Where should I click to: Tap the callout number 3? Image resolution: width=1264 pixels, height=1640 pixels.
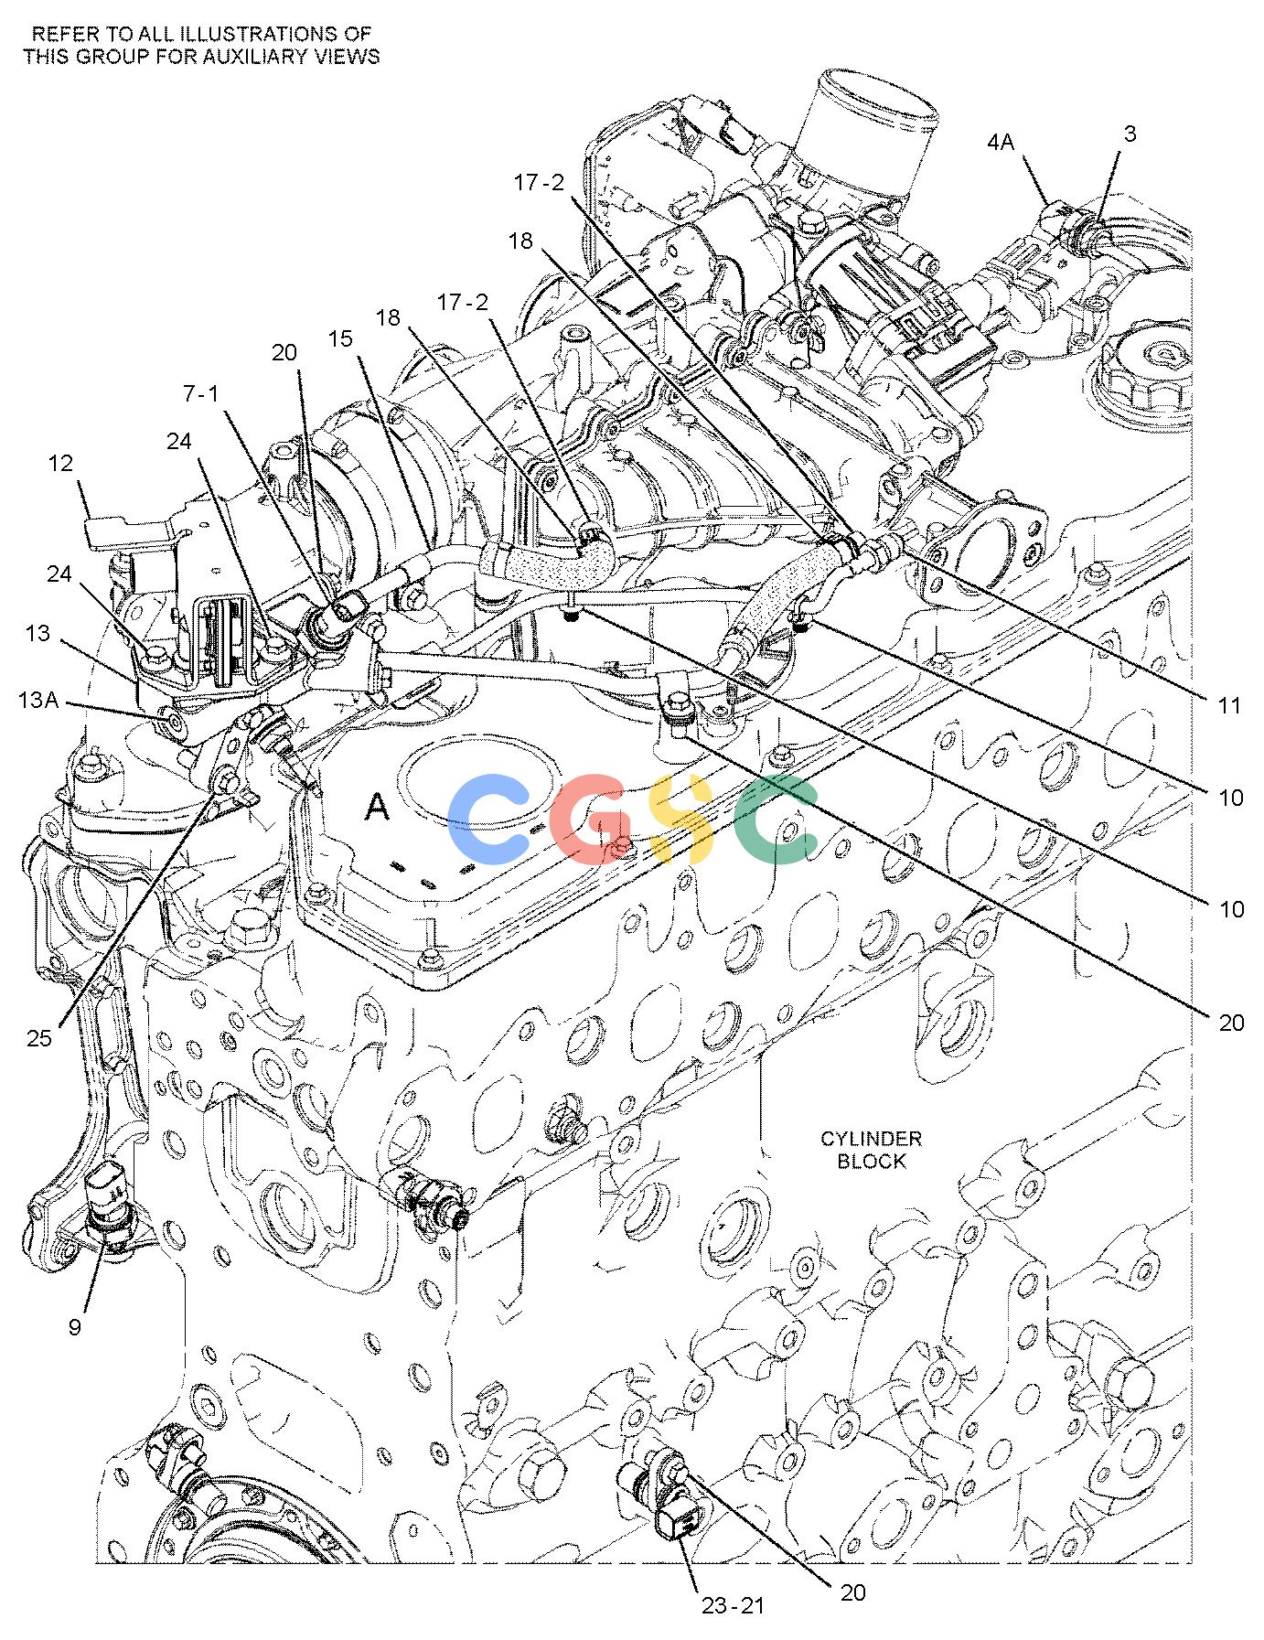point(1130,134)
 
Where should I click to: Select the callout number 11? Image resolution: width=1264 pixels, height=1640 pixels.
point(1230,705)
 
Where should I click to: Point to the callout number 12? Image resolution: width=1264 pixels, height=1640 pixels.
point(60,465)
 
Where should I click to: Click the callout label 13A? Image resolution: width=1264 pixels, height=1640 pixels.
point(37,700)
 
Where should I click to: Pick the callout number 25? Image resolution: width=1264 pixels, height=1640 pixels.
point(40,1038)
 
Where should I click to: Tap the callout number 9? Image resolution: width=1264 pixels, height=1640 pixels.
point(74,1327)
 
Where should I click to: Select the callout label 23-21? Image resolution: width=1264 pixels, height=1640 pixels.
point(733,1605)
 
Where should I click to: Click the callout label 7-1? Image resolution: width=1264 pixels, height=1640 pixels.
point(201,393)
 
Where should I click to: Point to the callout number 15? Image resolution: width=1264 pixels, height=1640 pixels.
point(340,339)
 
